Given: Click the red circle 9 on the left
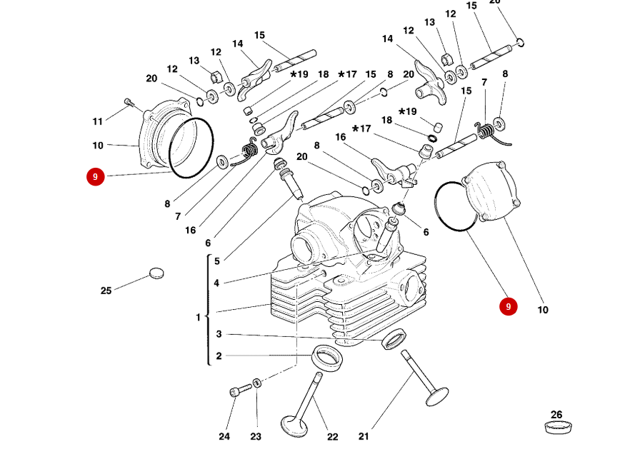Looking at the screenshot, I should (95, 176).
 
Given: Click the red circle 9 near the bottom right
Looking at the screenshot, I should (508, 307).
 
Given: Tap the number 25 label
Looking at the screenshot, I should (106, 291).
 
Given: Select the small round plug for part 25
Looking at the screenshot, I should (156, 273).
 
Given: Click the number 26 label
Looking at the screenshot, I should (556, 415).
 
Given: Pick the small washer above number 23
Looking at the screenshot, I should (257, 384).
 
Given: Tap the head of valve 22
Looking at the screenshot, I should (294, 426).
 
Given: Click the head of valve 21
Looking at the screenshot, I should (436, 396).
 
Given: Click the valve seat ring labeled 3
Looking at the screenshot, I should (394, 339).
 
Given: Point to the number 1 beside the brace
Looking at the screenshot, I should (199, 317).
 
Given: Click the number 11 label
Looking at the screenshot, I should (97, 121).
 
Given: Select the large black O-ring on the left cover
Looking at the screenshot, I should (191, 148).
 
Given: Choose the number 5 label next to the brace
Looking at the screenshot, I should (216, 261).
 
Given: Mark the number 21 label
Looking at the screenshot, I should (364, 436).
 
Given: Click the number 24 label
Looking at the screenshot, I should (224, 436).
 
